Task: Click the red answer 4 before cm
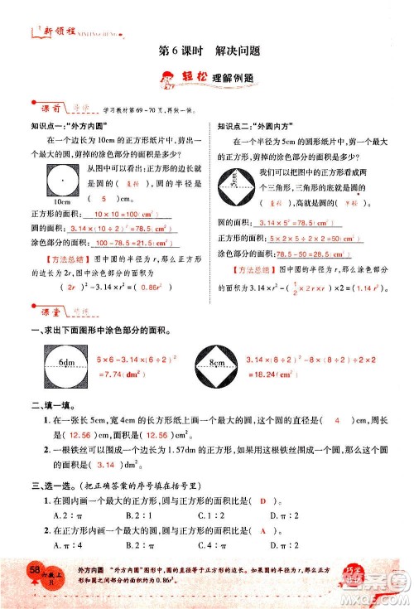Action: pos(338,422)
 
